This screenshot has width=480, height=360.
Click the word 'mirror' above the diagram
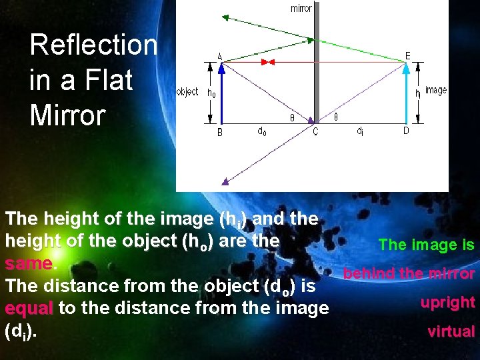click(x=301, y=8)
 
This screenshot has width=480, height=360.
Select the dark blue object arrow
click(x=221, y=93)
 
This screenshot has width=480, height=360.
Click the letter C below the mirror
click(x=315, y=132)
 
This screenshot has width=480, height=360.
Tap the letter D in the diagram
click(x=406, y=131)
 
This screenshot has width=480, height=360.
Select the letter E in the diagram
click(x=408, y=55)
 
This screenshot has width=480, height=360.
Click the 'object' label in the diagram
click(x=187, y=92)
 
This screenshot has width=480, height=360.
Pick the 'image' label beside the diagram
click(x=436, y=90)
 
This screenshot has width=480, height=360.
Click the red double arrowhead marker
click(x=267, y=62)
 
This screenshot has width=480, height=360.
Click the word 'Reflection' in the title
click(x=93, y=45)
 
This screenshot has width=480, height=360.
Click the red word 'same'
click(x=28, y=264)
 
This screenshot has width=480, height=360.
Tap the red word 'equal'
click(x=29, y=309)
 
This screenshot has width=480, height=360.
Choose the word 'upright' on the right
click(x=447, y=303)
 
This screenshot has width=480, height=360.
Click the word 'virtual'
click(x=451, y=331)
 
